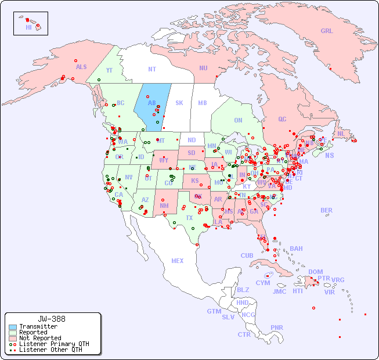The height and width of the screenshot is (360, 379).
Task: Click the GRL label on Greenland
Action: pyautogui.click(x=327, y=31)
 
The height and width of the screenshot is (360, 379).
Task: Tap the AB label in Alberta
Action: pyautogui.click(x=152, y=103)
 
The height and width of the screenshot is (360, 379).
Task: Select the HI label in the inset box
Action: pyautogui.click(x=28, y=27)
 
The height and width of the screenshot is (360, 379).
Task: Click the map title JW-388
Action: pyautogui.click(x=52, y=319)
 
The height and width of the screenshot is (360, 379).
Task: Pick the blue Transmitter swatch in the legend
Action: pyautogui.click(x=13, y=327)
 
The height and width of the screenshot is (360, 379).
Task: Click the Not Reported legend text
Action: pyautogui.click(x=40, y=338)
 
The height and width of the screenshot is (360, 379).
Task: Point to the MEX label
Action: pyautogui.click(x=177, y=261)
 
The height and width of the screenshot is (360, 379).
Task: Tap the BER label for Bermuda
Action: pyautogui.click(x=326, y=210)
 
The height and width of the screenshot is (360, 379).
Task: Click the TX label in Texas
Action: pyautogui.click(x=189, y=218)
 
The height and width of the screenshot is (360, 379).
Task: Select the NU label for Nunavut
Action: pyautogui.click(x=203, y=69)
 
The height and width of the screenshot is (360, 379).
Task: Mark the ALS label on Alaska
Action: pyautogui.click(x=81, y=67)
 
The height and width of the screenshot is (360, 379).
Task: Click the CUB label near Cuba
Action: pyautogui.click(x=247, y=255)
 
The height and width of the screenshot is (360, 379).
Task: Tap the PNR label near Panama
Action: pyautogui.click(x=277, y=327)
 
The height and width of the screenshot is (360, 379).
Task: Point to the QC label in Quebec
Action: pyautogui.click(x=282, y=120)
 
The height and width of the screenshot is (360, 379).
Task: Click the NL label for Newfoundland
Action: pyautogui.click(x=341, y=134)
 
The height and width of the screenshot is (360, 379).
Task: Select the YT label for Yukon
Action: pyautogui.click(x=109, y=70)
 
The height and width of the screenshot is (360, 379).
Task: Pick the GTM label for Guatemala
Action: pyautogui.click(x=214, y=311)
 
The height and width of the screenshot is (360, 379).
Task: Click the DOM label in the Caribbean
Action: pyautogui.click(x=315, y=272)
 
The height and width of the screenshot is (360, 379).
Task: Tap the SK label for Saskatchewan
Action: pyautogui.click(x=179, y=103)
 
